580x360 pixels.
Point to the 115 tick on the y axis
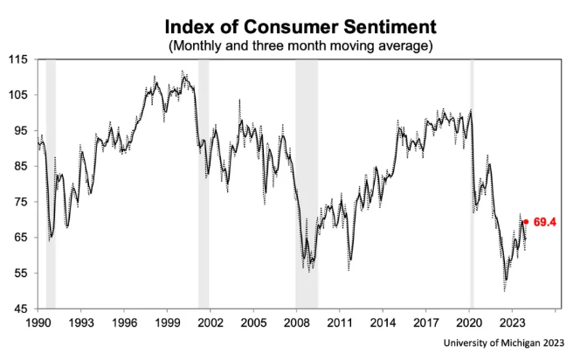coord(17,59)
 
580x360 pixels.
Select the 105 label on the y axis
coord(17,95)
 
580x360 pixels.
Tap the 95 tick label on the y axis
coord(20,131)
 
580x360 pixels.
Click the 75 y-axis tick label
coord(20,202)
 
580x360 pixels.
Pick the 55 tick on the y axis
coord(20,273)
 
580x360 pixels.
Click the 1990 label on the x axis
coord(38,322)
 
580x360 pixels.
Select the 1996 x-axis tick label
coord(124,322)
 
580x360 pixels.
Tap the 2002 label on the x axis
coord(211,322)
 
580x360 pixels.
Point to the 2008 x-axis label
coord(297,322)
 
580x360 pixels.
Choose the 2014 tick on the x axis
coord(383,322)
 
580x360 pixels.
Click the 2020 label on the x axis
coord(470,322)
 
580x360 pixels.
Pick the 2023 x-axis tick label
coord(513,322)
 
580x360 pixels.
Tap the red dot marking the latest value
coord(526,222)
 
